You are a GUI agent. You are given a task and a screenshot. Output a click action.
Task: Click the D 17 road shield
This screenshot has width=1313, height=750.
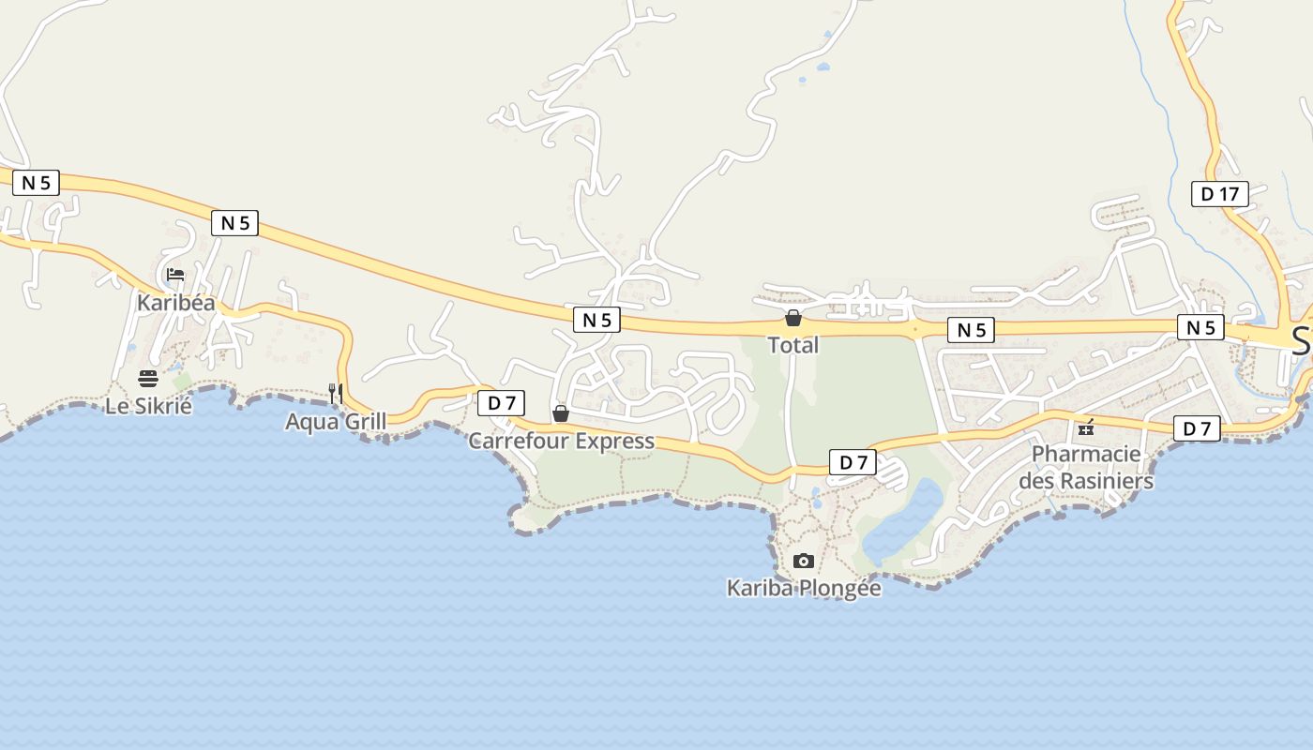pos(1219,194)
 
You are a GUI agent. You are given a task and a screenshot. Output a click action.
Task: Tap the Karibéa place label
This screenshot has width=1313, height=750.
pos(175,303)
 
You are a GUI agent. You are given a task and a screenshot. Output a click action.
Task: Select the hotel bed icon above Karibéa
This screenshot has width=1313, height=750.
pos(174,275)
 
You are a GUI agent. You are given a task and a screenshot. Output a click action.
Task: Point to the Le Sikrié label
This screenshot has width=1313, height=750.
pos(148,406)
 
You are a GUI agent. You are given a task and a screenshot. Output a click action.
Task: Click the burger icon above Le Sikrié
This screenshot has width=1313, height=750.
pos(148,379)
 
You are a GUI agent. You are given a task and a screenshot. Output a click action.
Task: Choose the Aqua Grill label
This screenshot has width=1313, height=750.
pos(336,422)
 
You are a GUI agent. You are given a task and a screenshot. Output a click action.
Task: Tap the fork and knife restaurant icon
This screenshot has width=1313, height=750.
pos(336,394)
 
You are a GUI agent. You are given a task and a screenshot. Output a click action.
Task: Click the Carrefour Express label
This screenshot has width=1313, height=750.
pos(561,441)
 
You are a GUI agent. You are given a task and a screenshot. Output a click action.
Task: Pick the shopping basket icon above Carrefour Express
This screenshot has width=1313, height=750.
pos(561,413)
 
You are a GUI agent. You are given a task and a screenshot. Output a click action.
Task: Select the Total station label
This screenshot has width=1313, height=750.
pos(793,345)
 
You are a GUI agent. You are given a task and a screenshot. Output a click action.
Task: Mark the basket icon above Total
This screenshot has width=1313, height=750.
pos(793,318)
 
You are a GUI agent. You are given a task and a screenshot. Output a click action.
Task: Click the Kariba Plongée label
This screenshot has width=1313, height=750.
pos(804,588)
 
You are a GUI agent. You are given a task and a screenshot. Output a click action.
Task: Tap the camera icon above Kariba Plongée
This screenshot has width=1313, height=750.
pos(804,561)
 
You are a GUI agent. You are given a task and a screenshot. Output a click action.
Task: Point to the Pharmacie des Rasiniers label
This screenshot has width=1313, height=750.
pos(1086,467)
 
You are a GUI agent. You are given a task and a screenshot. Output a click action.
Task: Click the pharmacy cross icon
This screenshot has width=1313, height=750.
pos(1086,427)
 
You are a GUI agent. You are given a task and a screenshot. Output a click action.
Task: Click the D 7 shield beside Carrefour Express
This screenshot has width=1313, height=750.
pos(502,403)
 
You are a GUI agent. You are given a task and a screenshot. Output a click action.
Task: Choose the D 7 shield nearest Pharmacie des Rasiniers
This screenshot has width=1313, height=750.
pos(1197,428)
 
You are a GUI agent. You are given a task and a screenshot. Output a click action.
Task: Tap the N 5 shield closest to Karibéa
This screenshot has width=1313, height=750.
pos(234,222)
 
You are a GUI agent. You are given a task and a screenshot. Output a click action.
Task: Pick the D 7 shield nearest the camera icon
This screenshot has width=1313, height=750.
pos(853,461)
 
